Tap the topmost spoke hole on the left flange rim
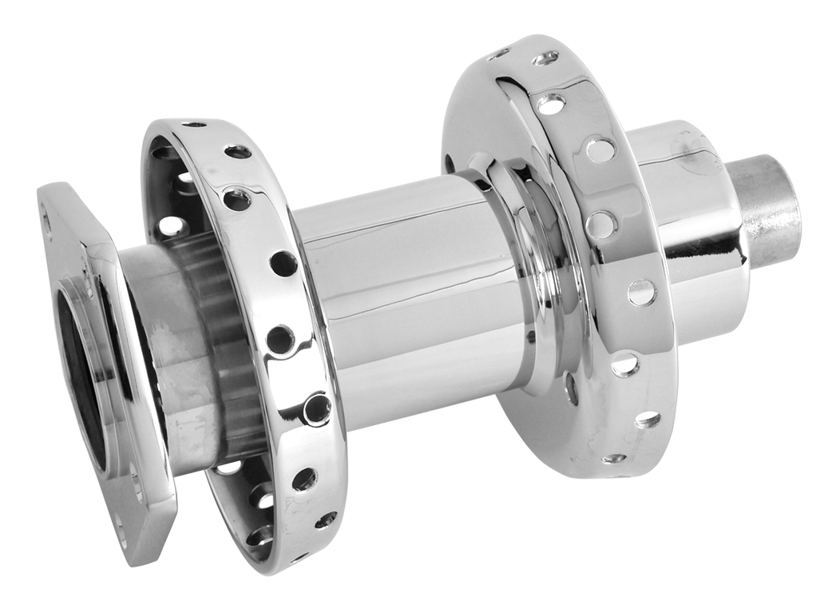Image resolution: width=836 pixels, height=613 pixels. click(x=194, y=125)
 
